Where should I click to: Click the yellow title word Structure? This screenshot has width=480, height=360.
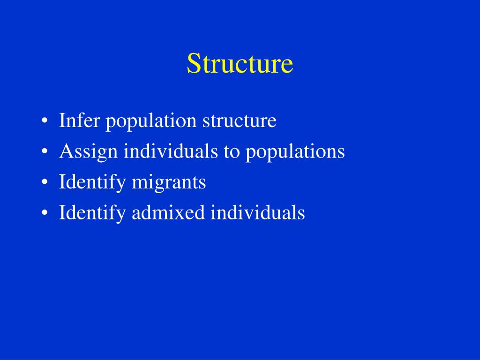pos(240,63)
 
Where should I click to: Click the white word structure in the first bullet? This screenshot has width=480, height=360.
pos(239,121)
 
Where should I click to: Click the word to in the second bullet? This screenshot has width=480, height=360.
pos(232,151)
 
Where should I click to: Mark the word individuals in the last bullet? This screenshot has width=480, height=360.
pos(258,213)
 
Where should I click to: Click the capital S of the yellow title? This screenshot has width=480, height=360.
pos(193,63)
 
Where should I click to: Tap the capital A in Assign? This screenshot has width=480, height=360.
pos(65,151)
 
